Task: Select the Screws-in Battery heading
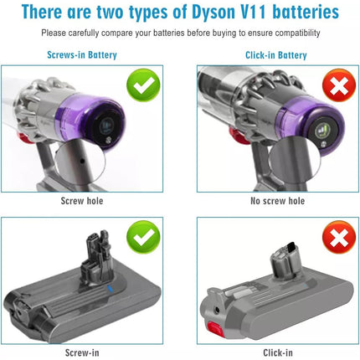tap(82, 54)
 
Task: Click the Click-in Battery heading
tap(276, 55)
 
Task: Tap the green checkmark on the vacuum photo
tap(143, 85)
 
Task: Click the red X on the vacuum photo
tap(339, 85)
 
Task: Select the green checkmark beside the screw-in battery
tap(143, 237)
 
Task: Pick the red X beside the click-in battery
tap(339, 237)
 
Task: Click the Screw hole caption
tap(82, 201)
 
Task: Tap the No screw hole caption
tap(277, 201)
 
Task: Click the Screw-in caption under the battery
tap(82, 352)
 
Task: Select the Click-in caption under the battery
tap(278, 352)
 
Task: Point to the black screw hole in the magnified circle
tap(82, 161)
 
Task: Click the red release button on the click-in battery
tap(215, 329)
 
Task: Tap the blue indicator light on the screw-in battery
tap(110, 289)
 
